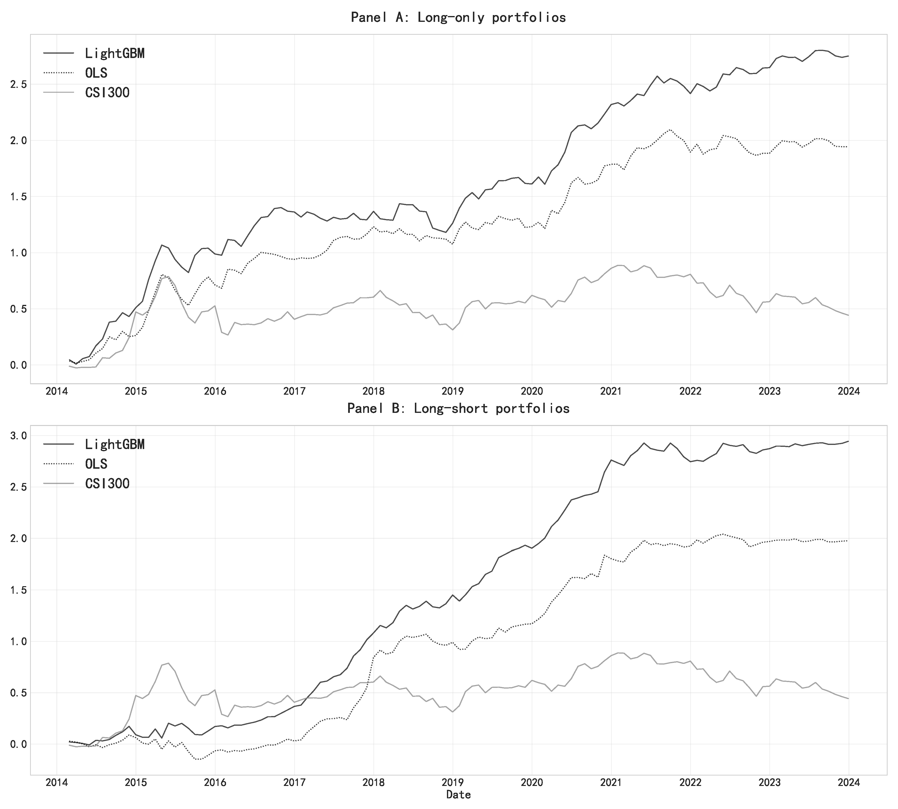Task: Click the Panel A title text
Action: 458,17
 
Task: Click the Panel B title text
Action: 458,408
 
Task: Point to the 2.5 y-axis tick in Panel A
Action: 18,84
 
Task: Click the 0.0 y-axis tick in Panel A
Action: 18,365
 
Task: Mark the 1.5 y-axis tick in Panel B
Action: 18,590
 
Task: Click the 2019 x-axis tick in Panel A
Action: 453,392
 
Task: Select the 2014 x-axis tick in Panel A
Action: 57,392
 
